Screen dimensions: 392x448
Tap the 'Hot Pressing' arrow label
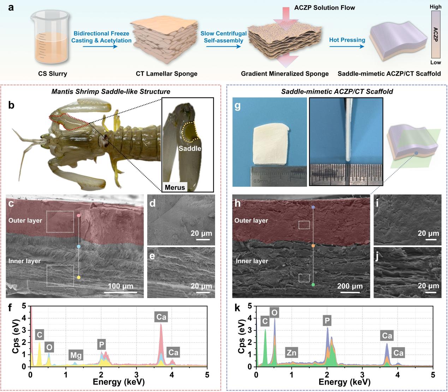point(347,40)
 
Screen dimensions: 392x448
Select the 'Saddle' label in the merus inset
point(190,148)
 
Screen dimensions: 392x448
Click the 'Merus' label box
point(175,187)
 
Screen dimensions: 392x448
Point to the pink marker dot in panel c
point(78,215)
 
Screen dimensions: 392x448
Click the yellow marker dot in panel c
point(78,277)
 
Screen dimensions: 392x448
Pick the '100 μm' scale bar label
point(121,286)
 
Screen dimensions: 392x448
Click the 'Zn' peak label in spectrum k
point(292,352)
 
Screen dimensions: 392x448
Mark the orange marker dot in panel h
point(313,246)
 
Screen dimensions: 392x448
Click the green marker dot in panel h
point(313,285)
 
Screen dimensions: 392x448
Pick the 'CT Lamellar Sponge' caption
point(166,74)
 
